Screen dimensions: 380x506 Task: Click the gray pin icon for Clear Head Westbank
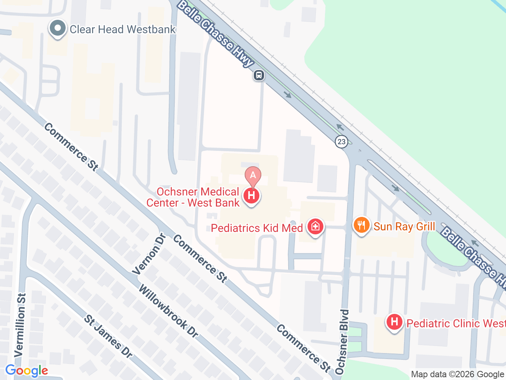pyautogui.click(x=58, y=28)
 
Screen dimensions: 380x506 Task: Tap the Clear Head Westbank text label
pyautogui.click(x=123, y=29)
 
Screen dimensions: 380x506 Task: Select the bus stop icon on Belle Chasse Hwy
pyautogui.click(x=259, y=75)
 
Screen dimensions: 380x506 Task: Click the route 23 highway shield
pyautogui.click(x=342, y=141)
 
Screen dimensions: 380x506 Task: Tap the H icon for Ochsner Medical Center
pyautogui.click(x=251, y=196)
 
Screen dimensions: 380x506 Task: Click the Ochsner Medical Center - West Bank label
pyautogui.click(x=193, y=197)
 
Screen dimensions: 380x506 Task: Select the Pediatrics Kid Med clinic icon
pyautogui.click(x=315, y=227)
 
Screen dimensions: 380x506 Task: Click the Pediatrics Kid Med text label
pyautogui.click(x=257, y=228)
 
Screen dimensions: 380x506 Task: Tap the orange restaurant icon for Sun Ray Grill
pyautogui.click(x=361, y=225)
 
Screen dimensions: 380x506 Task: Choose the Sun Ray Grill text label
pyautogui.click(x=404, y=226)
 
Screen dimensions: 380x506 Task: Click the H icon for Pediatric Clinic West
pyautogui.click(x=394, y=322)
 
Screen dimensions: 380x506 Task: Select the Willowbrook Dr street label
pyautogui.click(x=168, y=311)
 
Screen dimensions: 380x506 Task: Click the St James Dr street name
pyautogui.click(x=108, y=336)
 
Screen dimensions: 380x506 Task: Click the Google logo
pyautogui.click(x=26, y=371)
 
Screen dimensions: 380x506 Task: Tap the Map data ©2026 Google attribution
pyautogui.click(x=457, y=374)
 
